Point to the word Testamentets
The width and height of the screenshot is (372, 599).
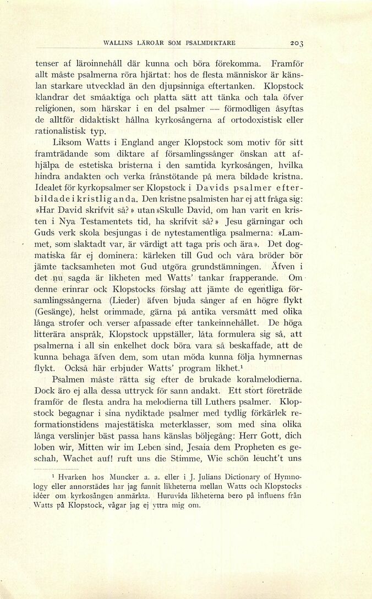92,221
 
